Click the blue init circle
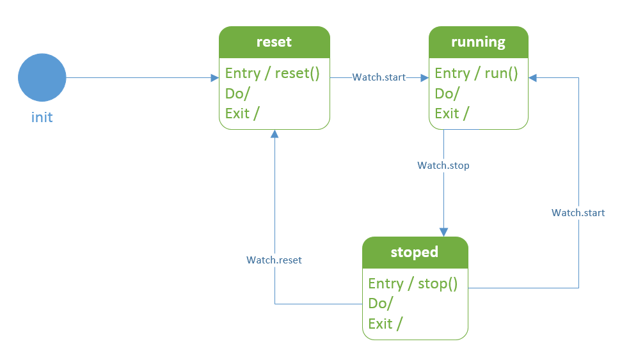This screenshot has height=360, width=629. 42,77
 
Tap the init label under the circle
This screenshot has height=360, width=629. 42,118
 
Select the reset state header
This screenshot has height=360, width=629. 275,42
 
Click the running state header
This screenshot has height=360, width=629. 478,42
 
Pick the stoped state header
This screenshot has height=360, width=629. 415,252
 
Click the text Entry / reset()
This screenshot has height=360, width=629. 273,74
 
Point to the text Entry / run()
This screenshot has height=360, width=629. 476,74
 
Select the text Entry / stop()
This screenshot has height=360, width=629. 413,284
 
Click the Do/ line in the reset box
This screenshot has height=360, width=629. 237,93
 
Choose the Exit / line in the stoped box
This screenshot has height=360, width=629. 385,324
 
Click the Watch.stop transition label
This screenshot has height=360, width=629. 443,166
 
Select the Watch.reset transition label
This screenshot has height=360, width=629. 274,260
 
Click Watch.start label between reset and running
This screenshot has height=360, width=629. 379,77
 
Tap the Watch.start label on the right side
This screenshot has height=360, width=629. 578,213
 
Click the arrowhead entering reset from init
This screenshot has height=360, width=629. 215,78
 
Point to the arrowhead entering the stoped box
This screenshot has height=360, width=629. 443,233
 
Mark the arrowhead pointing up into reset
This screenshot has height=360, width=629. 275,134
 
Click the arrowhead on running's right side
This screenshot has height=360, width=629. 532,78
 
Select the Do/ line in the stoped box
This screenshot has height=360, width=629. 380,304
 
